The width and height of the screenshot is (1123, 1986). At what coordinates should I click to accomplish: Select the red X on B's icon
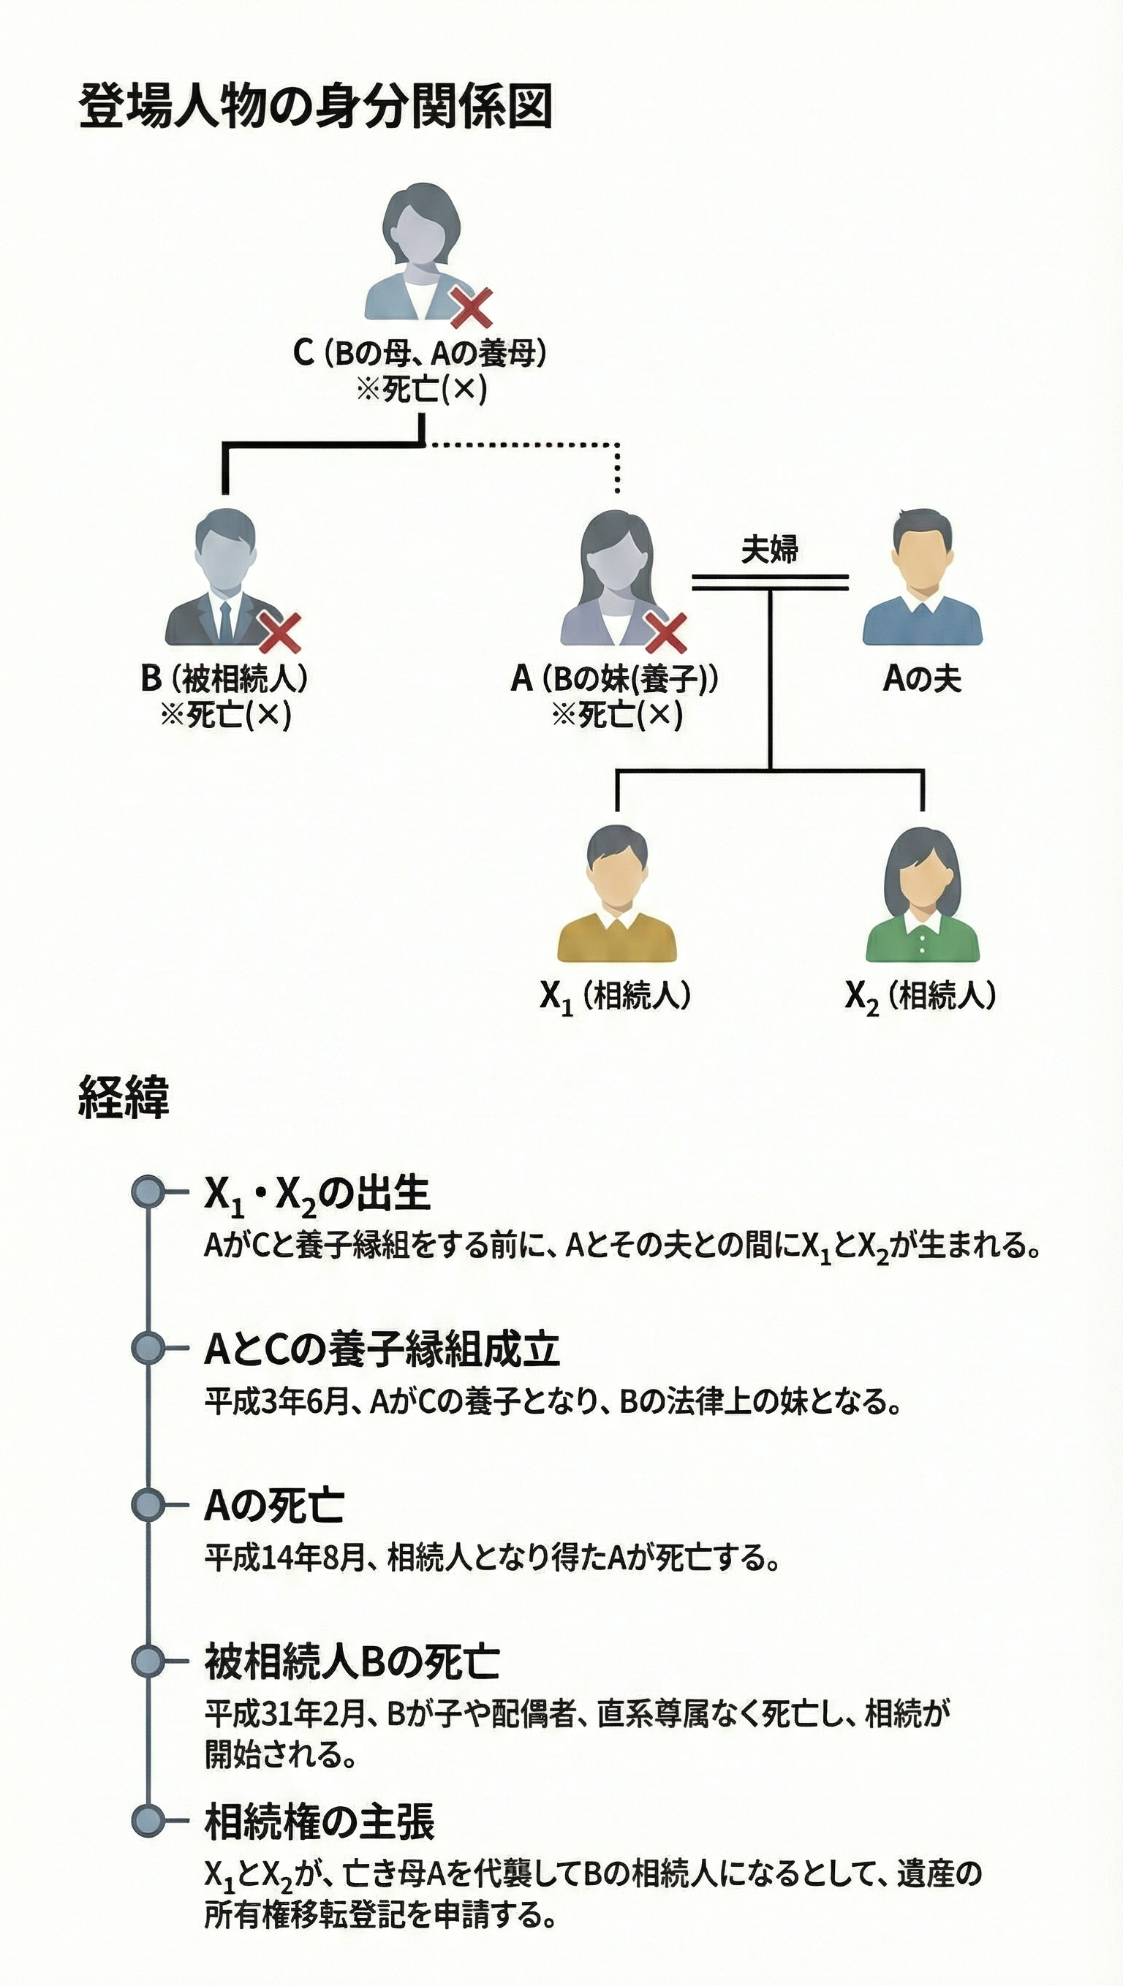point(279,632)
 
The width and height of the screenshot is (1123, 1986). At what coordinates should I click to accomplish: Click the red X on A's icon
point(665,633)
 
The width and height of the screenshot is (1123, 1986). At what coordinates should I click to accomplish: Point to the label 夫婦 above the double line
point(769,549)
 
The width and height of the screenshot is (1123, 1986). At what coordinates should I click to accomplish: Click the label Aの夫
point(922,678)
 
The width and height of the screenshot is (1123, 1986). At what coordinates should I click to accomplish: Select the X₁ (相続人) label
point(615,996)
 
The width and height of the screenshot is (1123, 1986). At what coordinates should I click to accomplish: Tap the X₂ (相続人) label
point(920,996)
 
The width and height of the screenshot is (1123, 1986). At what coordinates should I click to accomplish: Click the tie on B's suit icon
point(224,620)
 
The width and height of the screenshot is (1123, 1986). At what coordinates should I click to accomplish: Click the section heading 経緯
point(124,1097)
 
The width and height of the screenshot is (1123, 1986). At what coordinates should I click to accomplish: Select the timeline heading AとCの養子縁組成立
point(382,1349)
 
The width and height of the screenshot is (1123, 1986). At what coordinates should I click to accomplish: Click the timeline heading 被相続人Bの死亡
point(352,1661)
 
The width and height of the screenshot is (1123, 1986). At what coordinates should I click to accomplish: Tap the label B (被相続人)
point(224,678)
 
